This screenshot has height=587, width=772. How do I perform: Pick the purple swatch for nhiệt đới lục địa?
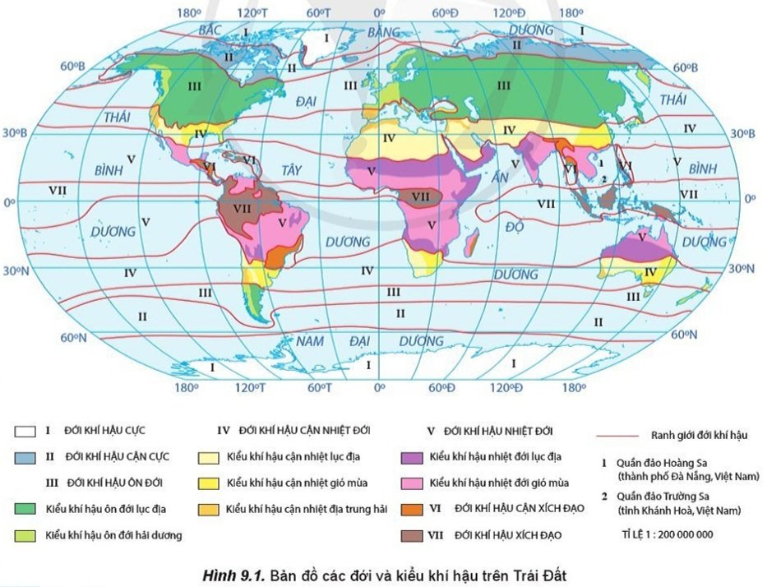click(414, 456)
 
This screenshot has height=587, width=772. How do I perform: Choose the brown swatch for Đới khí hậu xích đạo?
click(414, 535)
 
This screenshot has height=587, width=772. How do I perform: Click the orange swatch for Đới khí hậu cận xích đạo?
click(414, 509)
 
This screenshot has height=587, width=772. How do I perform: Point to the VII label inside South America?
click(242, 209)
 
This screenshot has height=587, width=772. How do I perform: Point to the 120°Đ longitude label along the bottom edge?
click(506, 387)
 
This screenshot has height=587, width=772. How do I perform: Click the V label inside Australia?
click(641, 236)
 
